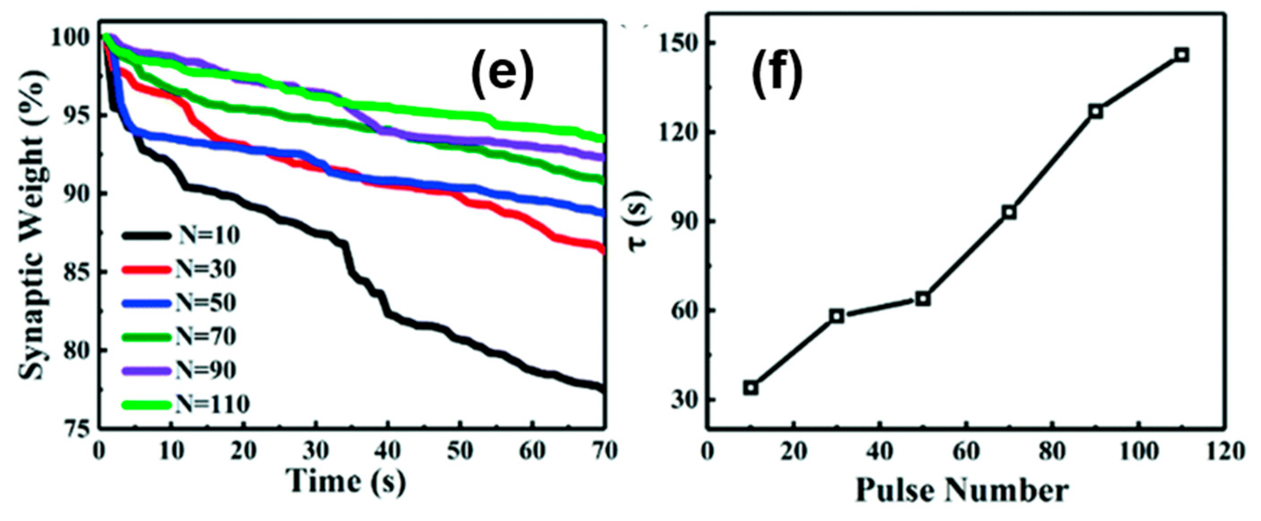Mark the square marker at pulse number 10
(751, 388)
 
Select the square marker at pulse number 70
(1009, 213)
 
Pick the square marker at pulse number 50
(923, 299)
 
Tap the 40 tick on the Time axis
(388, 451)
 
